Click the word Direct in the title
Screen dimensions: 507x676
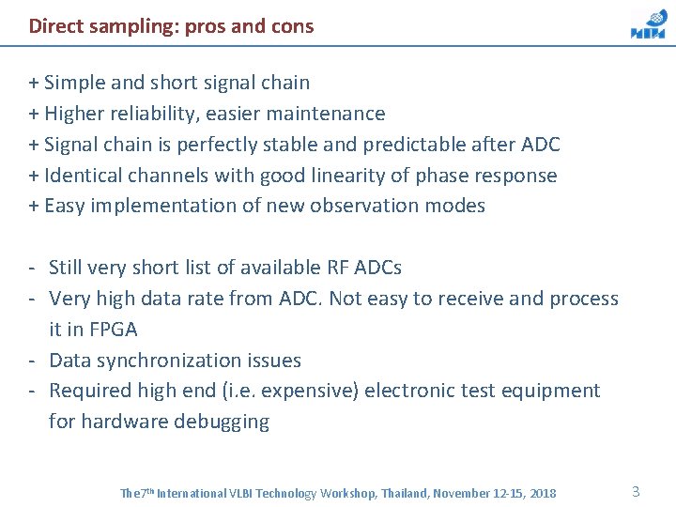point(50,26)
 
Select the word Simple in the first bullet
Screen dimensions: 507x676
point(75,83)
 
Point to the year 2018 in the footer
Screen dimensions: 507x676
point(542,493)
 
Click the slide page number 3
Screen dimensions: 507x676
point(636,491)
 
